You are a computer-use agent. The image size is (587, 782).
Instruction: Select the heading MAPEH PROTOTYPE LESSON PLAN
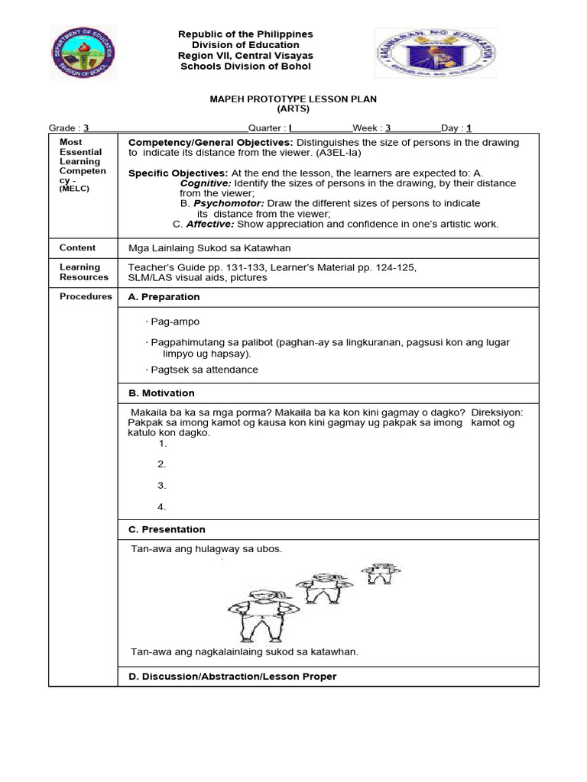coord(293,99)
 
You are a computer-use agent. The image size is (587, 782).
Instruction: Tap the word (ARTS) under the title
coord(293,109)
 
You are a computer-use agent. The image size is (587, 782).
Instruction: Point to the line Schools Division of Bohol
coord(245,66)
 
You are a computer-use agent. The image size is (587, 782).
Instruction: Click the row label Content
coord(78,247)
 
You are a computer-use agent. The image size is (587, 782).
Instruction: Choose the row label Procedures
coord(86,296)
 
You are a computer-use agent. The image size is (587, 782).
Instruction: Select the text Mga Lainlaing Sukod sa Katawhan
coord(209,248)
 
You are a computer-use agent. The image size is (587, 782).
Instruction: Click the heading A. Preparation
coord(164,297)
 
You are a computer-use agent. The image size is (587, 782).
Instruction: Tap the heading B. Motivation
coord(161,393)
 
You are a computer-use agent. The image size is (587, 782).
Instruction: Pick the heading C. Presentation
coord(167,529)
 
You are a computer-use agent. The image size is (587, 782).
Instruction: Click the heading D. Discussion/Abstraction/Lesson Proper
coord(232,677)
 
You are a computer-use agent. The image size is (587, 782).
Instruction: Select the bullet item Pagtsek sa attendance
coord(205,370)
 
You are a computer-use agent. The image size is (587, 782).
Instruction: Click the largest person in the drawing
coord(258,615)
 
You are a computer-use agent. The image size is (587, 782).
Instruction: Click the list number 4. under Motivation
coord(162,506)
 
